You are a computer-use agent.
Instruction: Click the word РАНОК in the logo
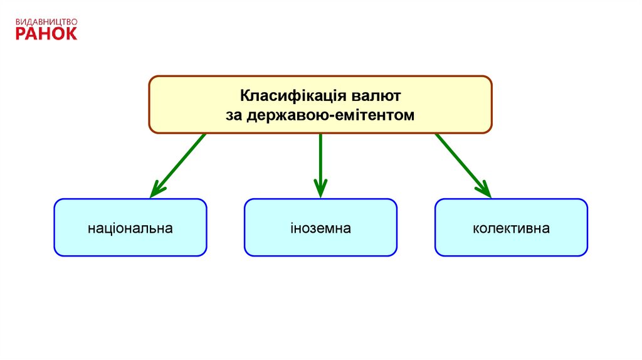pos(46,33)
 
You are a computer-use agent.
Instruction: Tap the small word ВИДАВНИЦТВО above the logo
pos(46,21)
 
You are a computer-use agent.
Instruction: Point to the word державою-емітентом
pos(330,115)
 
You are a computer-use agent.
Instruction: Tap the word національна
pos(130,228)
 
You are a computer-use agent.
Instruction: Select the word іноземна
pos(320,228)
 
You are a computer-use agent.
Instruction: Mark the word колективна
pos(511,228)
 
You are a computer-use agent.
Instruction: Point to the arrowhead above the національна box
pos(157,189)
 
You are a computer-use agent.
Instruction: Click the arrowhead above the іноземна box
pos(320,189)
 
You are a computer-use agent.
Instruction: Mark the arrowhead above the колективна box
pos(484,189)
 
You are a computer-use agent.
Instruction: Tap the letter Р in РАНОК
pos(21,33)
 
